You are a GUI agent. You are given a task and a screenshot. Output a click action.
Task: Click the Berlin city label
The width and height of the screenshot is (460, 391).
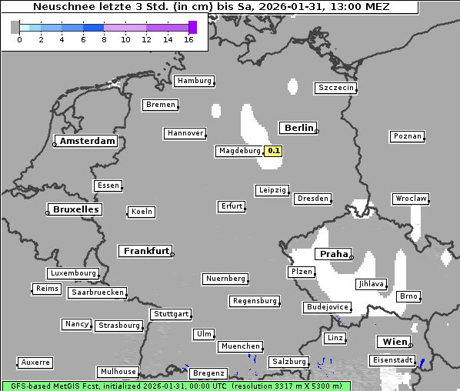298,128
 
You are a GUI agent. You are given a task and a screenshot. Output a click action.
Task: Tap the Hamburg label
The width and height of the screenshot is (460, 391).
193,81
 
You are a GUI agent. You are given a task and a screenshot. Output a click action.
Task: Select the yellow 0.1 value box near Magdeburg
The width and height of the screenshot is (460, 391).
273,151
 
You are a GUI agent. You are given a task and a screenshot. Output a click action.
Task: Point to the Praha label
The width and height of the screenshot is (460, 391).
333,254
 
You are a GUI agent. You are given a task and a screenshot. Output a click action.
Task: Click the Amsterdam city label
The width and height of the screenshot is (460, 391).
87,141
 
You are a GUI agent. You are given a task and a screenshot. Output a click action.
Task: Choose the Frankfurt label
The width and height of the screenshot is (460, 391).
145,251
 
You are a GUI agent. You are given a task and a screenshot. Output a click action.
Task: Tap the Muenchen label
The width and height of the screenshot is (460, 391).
241,347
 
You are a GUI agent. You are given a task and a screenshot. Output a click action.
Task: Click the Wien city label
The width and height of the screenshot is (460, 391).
393,342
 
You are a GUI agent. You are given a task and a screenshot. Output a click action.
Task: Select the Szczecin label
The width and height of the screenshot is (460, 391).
336,88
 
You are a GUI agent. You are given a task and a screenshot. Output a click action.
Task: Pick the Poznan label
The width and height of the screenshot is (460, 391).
407,136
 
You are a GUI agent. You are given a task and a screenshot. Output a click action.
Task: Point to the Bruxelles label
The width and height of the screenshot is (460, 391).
75,209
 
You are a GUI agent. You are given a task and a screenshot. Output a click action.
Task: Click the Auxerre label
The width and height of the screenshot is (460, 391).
35,362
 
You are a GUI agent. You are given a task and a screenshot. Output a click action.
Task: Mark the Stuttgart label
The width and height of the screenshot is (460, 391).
171,314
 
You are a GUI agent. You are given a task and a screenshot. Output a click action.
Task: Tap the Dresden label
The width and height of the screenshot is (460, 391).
313,199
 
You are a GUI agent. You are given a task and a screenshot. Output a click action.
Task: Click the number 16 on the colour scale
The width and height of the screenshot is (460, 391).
188,40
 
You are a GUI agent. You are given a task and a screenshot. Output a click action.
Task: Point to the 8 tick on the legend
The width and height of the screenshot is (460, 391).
104,40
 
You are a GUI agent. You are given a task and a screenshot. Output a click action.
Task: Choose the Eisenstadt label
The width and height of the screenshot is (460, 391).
392,360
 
